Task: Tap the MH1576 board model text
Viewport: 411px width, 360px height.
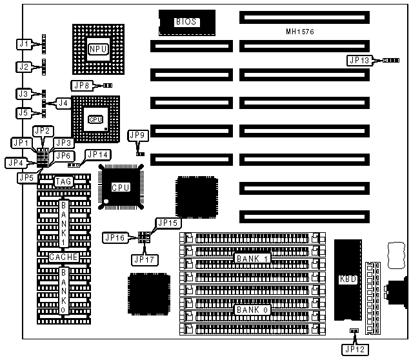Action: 299,32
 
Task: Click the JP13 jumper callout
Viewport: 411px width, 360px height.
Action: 359,60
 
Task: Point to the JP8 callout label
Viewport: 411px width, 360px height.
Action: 83,85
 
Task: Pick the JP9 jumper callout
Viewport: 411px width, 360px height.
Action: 138,135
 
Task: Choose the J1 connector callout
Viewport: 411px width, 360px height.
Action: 23,45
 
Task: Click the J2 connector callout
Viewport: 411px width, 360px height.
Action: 23,66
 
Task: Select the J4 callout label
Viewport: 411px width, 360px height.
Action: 63,102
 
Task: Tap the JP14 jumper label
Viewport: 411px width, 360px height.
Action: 98,155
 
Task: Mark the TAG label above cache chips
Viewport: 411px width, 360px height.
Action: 63,182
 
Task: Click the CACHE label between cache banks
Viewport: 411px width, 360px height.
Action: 63,257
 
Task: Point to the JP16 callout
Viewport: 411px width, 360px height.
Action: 115,238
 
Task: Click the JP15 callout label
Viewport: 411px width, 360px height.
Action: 167,223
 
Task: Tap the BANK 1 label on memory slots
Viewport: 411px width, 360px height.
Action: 252,259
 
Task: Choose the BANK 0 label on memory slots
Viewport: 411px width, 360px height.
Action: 252,310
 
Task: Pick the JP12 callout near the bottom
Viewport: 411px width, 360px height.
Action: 354,348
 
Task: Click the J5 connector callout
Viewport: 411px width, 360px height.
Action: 23,113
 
